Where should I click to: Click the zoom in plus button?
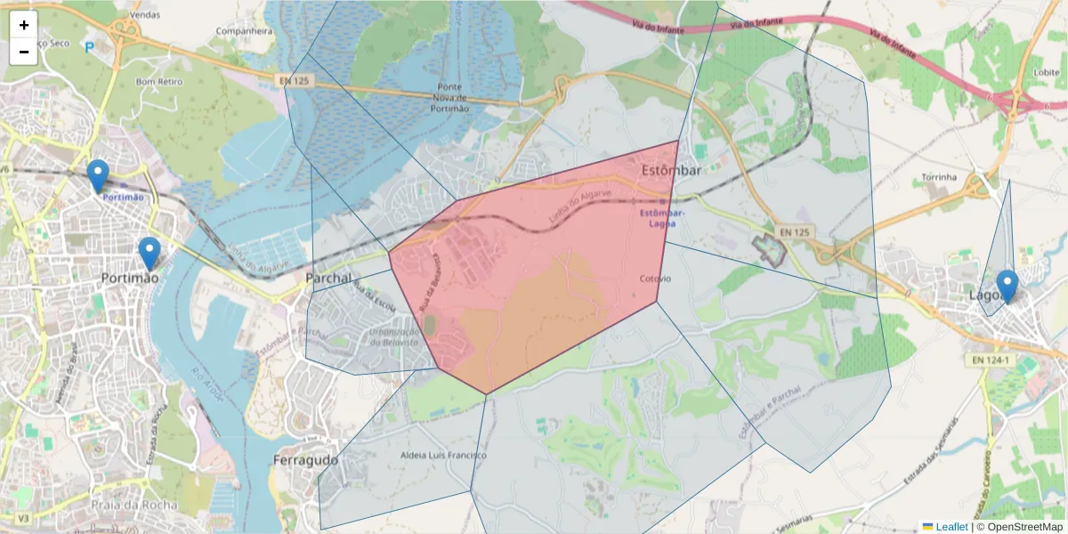point(24,25)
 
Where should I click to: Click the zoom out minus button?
point(24,52)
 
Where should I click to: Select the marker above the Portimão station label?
point(98,175)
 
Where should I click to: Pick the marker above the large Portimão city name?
point(150,253)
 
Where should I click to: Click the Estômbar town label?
point(672,170)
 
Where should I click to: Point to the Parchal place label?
point(328,279)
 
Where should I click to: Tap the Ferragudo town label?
point(305,460)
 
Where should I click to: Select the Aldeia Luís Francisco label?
point(444,456)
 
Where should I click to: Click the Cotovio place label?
point(655,279)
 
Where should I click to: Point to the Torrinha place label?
point(939,177)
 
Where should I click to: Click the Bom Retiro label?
point(158,81)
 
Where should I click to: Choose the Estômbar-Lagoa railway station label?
point(662,218)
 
